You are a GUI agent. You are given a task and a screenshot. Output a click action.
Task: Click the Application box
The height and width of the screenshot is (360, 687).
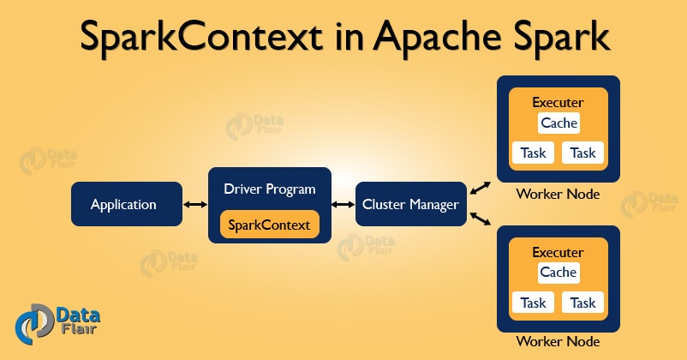125,205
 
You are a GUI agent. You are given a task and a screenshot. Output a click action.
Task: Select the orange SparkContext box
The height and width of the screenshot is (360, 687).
270,225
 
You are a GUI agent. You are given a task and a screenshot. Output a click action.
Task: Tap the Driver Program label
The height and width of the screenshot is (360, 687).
270,189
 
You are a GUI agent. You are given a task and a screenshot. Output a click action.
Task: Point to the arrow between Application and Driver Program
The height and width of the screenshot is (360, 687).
194,205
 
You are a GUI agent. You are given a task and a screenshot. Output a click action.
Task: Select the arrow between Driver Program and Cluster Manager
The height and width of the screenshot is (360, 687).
343,205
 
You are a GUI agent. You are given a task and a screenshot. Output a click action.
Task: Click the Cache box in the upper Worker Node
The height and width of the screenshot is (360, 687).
559,123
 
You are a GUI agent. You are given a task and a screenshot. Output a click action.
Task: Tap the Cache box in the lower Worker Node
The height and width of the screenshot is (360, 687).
559,273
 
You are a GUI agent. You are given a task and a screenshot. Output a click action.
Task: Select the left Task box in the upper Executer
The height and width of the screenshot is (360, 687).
533,153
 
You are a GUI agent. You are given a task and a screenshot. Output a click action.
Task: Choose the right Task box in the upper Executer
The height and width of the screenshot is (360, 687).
583,153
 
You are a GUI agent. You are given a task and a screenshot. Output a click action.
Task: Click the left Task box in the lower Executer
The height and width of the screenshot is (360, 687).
533,303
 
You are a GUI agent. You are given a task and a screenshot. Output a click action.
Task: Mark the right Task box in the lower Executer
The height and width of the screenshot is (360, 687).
583,303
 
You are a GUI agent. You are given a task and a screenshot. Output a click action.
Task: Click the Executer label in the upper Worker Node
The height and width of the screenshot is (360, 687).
559,102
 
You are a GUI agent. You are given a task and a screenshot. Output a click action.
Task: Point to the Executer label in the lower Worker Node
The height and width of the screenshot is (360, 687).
559,252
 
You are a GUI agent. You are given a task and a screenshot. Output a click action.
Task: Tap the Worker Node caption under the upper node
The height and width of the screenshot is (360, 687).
558,195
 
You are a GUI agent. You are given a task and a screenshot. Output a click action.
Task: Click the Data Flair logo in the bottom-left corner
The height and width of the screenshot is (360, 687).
48,325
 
